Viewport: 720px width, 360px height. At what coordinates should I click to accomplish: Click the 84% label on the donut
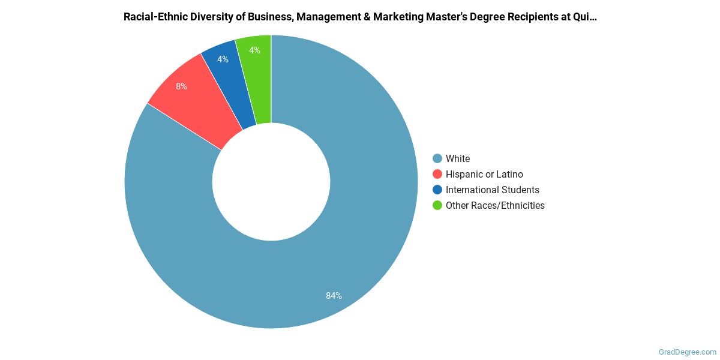[x=334, y=296]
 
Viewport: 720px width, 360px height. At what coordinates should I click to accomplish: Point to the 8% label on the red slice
[x=181, y=86]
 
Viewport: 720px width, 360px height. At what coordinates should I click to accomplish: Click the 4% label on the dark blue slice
[x=223, y=59]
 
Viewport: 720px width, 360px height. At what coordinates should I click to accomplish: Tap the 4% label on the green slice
[x=254, y=50]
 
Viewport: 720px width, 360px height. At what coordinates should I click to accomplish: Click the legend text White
[x=458, y=158]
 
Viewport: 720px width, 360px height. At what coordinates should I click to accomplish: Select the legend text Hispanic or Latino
[x=484, y=174]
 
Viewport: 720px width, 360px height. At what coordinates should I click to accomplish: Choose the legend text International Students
[x=492, y=190]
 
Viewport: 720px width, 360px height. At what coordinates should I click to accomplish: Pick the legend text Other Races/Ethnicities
[x=495, y=205]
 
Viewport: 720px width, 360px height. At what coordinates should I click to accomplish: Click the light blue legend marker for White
[x=437, y=158]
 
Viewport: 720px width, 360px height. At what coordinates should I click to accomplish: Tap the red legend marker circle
[x=437, y=174]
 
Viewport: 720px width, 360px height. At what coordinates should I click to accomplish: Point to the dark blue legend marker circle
[x=437, y=190]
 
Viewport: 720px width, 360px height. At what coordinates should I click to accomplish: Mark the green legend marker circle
[x=437, y=205]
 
